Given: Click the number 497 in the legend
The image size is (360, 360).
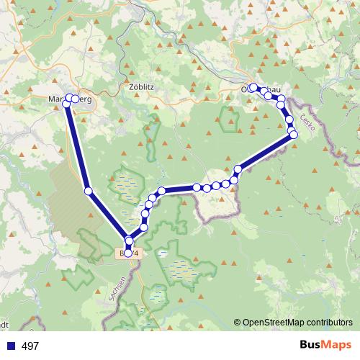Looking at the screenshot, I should click(31, 346).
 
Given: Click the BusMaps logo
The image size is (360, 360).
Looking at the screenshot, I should click(324, 346).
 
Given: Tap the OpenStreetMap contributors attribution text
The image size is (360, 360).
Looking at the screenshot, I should click(297, 323).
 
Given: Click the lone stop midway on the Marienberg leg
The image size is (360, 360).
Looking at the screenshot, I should click(88, 191).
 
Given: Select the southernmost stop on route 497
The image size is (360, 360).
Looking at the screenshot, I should click(128, 252).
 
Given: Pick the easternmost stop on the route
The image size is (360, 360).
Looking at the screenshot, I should click(293, 134).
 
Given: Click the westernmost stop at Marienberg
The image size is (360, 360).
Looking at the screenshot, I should click(66, 104).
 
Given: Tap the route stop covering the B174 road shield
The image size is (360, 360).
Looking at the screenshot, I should click(128, 252).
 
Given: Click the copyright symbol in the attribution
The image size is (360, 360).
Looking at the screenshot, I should click(238, 323).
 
